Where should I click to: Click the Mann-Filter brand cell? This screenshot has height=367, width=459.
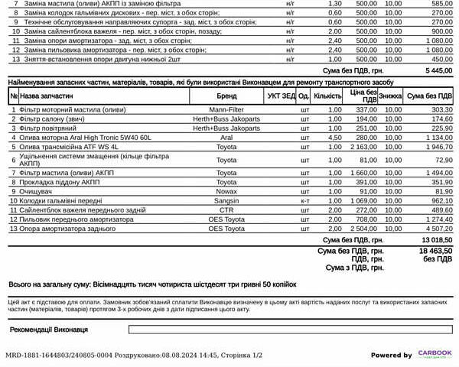[x=226, y=109]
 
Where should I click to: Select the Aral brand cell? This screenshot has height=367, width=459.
[x=226, y=138]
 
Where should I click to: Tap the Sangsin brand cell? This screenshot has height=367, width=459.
[x=226, y=200]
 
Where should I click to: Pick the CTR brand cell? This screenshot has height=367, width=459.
[x=226, y=209]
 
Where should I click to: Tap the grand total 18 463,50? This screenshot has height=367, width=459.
[x=435, y=250]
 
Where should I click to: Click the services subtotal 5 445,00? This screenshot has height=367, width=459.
[x=437, y=70]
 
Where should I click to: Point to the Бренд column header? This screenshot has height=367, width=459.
[x=226, y=96]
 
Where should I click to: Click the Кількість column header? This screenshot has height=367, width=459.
[x=327, y=96]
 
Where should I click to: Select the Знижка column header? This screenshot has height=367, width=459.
[x=390, y=96]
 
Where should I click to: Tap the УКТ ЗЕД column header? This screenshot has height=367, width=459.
[x=281, y=96]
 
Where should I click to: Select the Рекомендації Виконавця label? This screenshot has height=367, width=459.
[x=49, y=330]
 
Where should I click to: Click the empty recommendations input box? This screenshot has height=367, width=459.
[x=291, y=330]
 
